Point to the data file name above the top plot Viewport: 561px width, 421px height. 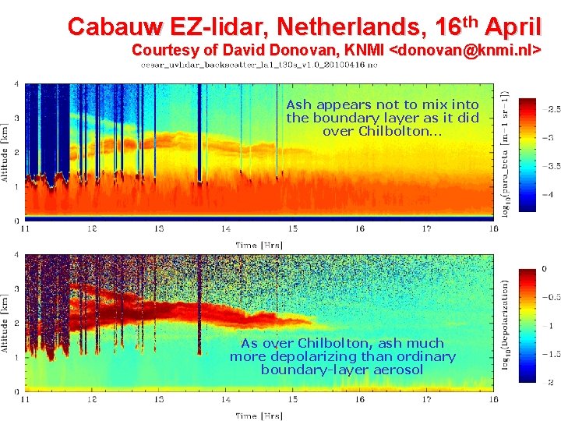(x=259, y=65)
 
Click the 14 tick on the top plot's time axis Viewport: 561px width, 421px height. (x=225, y=228)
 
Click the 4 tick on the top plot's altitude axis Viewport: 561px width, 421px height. (x=17, y=83)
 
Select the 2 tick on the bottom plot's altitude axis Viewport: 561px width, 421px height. (x=17, y=323)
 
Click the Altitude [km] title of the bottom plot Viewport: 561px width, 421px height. (x=6, y=321)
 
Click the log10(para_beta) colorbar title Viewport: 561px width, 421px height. (x=507, y=153)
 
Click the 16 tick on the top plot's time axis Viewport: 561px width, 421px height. (x=359, y=228)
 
